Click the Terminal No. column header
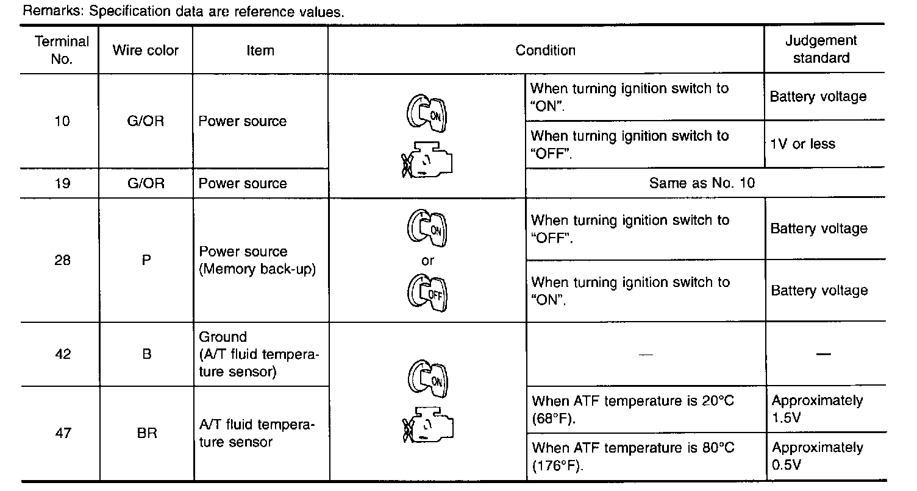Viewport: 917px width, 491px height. point(62,50)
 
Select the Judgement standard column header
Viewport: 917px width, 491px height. point(821,49)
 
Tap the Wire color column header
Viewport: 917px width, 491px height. point(145,50)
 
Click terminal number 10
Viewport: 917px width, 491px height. point(62,121)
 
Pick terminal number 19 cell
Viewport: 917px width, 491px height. point(62,183)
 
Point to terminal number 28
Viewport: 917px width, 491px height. point(62,260)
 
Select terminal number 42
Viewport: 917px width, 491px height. point(62,354)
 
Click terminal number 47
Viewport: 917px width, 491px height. point(62,433)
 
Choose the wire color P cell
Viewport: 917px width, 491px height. point(146,260)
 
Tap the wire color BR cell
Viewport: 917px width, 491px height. point(146,433)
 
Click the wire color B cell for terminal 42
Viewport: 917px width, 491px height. point(146,354)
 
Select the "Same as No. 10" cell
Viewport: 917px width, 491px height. point(702,183)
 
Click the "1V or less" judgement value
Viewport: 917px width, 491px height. point(802,144)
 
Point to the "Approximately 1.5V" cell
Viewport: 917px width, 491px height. point(817,409)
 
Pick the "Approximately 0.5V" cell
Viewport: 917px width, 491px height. point(817,456)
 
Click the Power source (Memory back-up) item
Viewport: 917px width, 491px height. point(257,260)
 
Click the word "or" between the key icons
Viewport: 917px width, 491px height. point(427,261)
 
